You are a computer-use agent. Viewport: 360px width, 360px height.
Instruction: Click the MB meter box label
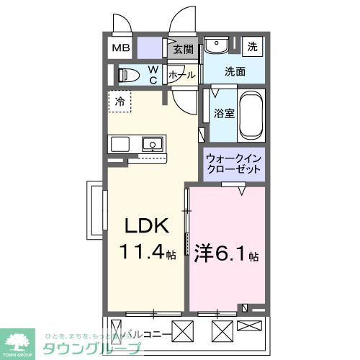click(x=119, y=49)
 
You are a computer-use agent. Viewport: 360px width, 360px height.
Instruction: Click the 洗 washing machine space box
click(x=253, y=46)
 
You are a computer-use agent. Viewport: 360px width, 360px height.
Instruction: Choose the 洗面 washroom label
click(x=235, y=71)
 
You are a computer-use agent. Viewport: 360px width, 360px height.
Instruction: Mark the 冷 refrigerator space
click(x=120, y=102)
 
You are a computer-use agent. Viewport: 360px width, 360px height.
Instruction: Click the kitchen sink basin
click(x=153, y=145)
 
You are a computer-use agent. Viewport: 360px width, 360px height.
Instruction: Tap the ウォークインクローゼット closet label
click(x=232, y=163)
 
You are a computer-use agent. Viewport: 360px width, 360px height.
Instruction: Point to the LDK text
click(x=148, y=227)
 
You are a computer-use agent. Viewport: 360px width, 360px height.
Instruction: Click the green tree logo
click(x=21, y=341)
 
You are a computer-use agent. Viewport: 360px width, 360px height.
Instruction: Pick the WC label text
click(x=153, y=75)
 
